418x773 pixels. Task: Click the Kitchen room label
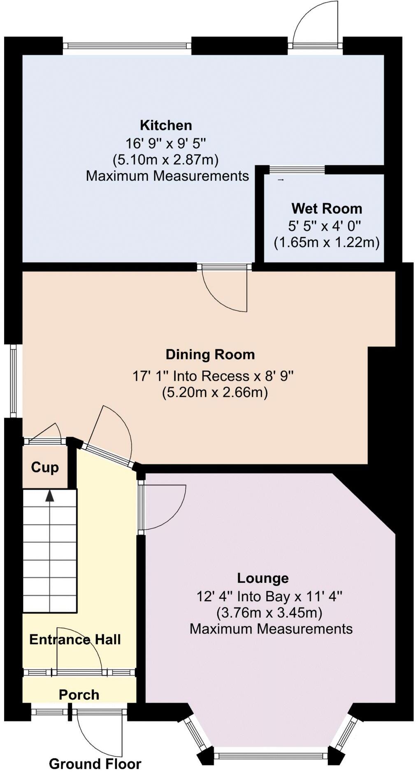pyautogui.click(x=166, y=125)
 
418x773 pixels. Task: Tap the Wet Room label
pyautogui.click(x=327, y=208)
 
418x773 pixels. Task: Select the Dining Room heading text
pyautogui.click(x=210, y=354)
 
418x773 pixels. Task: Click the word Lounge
pyautogui.click(x=263, y=578)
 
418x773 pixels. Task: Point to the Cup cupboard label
pyautogui.click(x=45, y=468)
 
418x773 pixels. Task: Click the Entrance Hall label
pyautogui.click(x=75, y=639)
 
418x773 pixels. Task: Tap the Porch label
pyautogui.click(x=79, y=694)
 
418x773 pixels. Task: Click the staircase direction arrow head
pyautogui.click(x=49, y=495)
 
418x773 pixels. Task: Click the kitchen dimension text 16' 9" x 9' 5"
pyautogui.click(x=166, y=143)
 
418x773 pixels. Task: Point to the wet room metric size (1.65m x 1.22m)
pyautogui.click(x=327, y=242)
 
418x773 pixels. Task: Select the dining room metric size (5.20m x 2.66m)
pyautogui.click(x=215, y=392)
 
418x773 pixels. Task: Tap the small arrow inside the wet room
pyautogui.click(x=281, y=180)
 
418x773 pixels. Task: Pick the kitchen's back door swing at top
pyautogui.click(x=315, y=23)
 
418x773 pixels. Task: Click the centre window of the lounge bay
pyautogui.click(x=271, y=755)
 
